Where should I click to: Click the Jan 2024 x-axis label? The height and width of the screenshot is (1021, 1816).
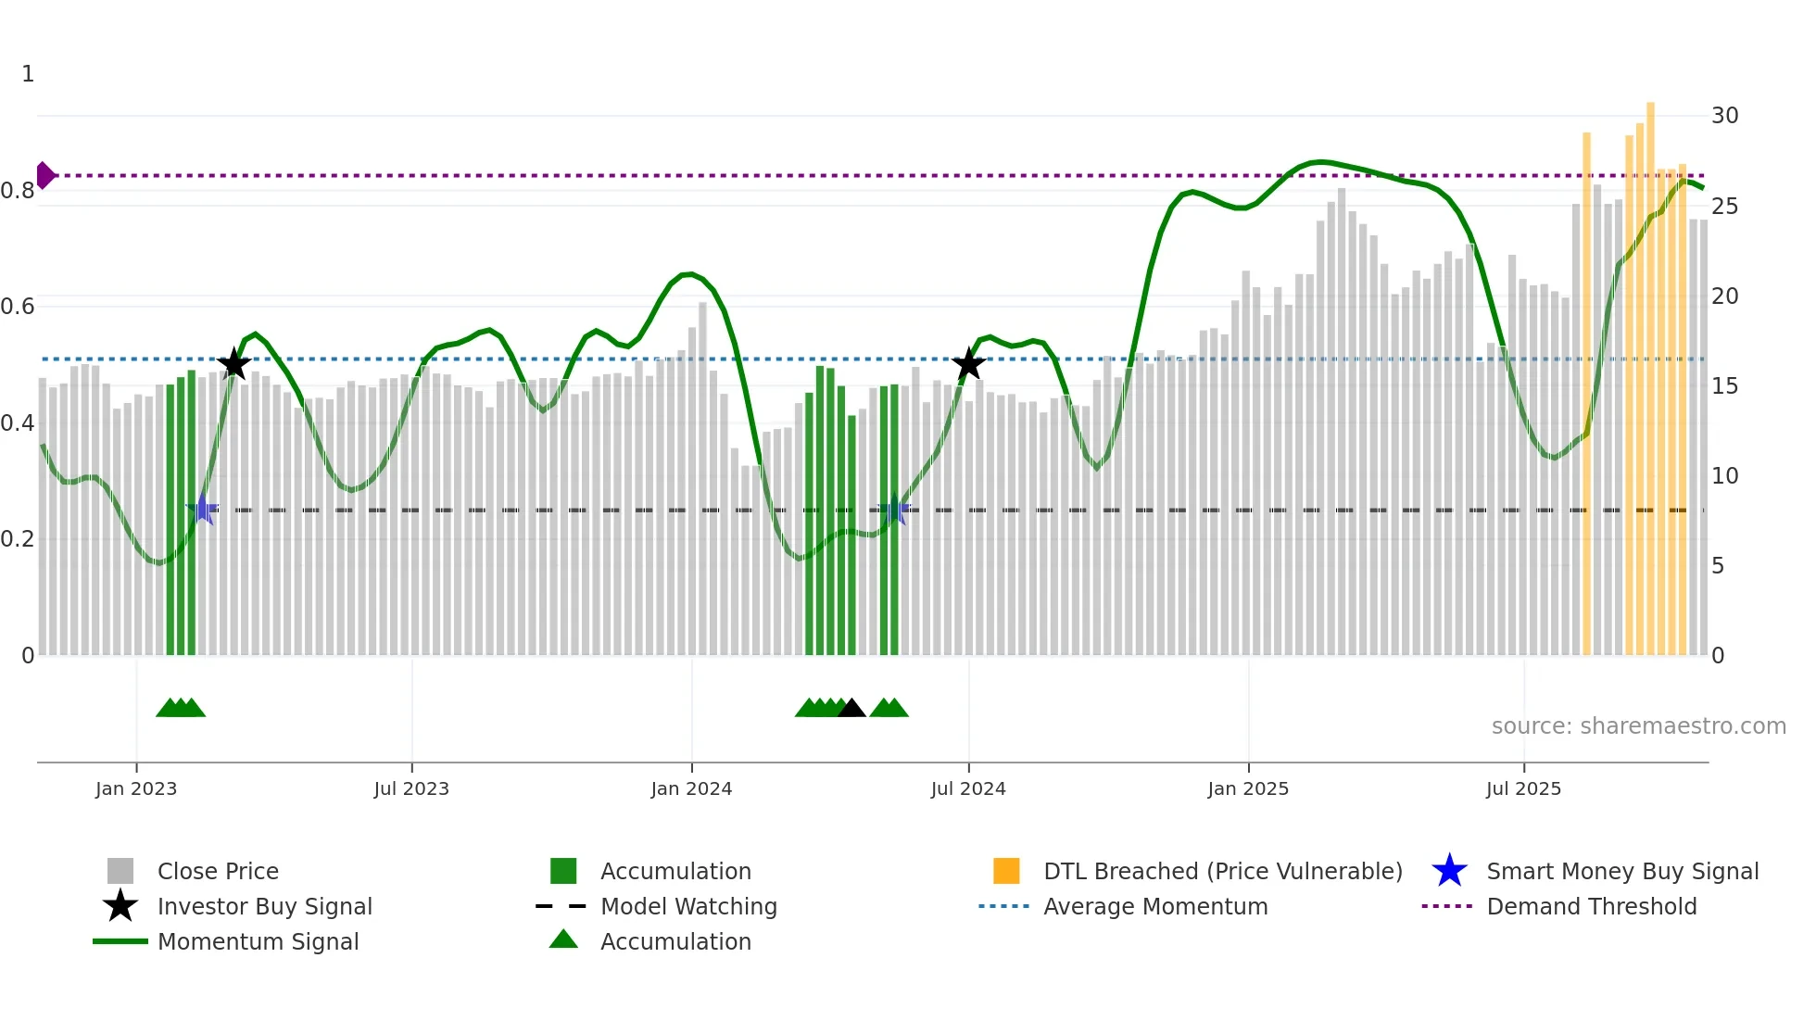pos(691,788)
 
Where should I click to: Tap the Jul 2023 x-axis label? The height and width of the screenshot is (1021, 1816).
pos(411,788)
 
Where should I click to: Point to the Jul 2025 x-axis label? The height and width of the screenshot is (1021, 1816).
pos(1523,788)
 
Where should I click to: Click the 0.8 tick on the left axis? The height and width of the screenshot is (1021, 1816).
pos(18,191)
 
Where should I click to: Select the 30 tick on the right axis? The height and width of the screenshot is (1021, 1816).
pos(1724,116)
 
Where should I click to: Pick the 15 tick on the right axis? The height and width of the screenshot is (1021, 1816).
pos(1724,386)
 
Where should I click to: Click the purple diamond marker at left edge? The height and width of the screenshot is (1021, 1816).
pos(44,175)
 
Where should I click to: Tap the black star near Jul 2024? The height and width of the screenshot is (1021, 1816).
pos(968,364)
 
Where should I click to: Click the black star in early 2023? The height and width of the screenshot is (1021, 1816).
pos(233,364)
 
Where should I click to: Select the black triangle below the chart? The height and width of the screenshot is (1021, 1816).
pos(851,709)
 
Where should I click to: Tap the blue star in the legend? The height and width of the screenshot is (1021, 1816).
pos(1449,871)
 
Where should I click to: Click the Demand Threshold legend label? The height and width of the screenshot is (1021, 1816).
pos(1591,906)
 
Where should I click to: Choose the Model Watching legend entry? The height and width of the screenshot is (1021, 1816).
pos(688,906)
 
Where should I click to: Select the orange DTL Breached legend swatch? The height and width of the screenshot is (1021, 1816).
pos(1006,871)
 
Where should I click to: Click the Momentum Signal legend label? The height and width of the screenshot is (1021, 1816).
pos(258,941)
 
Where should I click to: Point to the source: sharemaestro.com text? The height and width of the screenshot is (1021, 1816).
pos(1638,726)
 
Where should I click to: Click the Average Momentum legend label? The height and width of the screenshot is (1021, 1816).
pos(1155,906)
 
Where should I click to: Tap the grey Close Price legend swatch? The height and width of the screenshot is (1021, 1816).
pos(120,871)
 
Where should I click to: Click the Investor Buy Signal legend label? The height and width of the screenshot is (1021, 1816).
pos(264,906)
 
